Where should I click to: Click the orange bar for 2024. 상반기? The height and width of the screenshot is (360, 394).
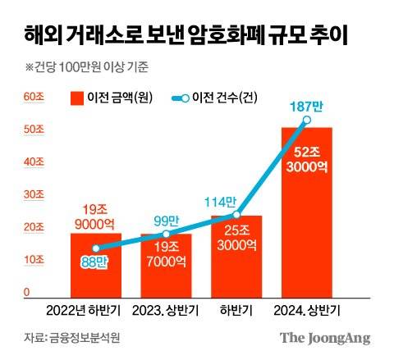(308, 213)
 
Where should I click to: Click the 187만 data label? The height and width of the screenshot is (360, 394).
(305, 106)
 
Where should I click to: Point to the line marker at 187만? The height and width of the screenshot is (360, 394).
(307, 120)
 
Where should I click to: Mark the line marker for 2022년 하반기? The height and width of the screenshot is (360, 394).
(95, 248)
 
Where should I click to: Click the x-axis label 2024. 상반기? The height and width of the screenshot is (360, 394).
(308, 311)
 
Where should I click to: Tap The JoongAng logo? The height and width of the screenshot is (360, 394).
(325, 338)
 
